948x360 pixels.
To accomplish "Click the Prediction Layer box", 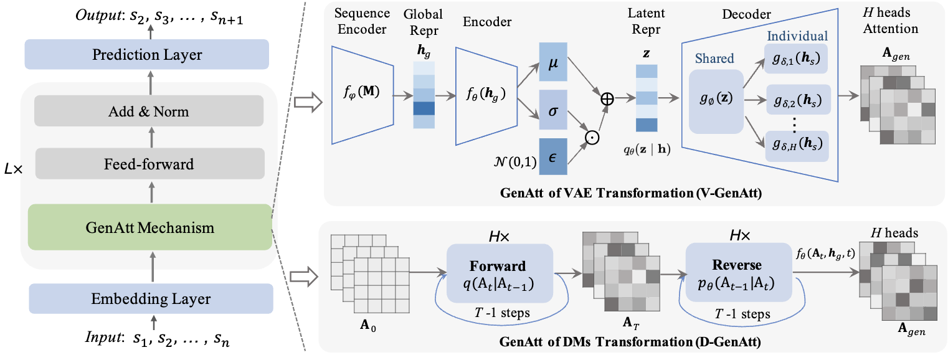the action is (147, 54).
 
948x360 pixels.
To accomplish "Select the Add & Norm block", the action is (149, 111).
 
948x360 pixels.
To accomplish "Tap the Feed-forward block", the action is (150, 164).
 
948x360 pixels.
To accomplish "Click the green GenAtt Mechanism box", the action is (150, 227).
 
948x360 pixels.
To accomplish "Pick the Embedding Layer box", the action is (151, 298).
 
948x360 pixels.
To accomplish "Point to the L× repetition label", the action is (13, 169).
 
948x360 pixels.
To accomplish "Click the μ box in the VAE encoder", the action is (553, 62).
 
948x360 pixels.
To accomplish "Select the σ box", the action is (553, 110).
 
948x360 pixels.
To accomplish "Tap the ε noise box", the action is (553, 156).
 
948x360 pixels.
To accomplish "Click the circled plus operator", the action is (607, 98).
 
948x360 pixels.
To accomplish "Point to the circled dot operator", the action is (592, 138).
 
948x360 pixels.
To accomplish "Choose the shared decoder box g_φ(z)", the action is (716, 102).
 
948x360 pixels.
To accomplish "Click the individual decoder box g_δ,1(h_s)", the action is (796, 59).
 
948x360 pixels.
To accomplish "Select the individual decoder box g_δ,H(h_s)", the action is (797, 146).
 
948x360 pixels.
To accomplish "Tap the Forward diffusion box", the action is (500, 273).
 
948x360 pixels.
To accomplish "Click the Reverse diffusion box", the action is (739, 272).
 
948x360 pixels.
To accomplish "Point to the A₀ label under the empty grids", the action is (367, 325).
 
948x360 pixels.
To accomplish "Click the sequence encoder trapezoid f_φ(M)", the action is (363, 95).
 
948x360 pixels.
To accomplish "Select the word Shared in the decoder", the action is (714, 58).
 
